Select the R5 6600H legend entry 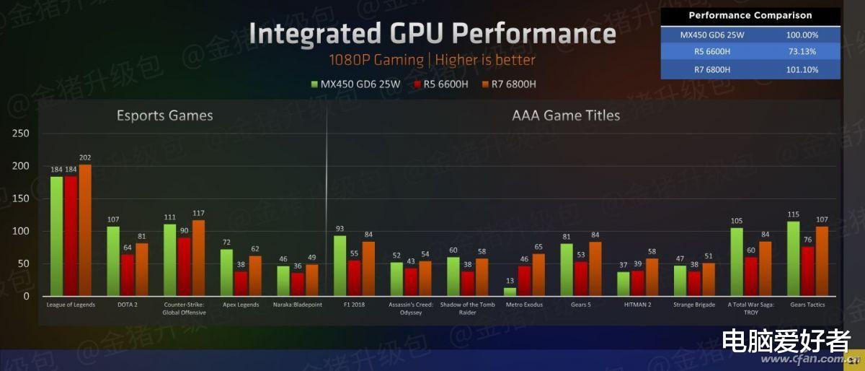[x=440, y=84]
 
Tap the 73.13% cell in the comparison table [x=801, y=52]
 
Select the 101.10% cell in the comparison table [x=801, y=69]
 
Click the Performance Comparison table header [x=750, y=16]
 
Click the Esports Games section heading [x=165, y=115]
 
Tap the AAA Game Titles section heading [x=566, y=115]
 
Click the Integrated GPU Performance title [x=432, y=34]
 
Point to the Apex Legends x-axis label [x=239, y=305]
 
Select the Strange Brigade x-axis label [x=695, y=305]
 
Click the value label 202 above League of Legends [x=85, y=157]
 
